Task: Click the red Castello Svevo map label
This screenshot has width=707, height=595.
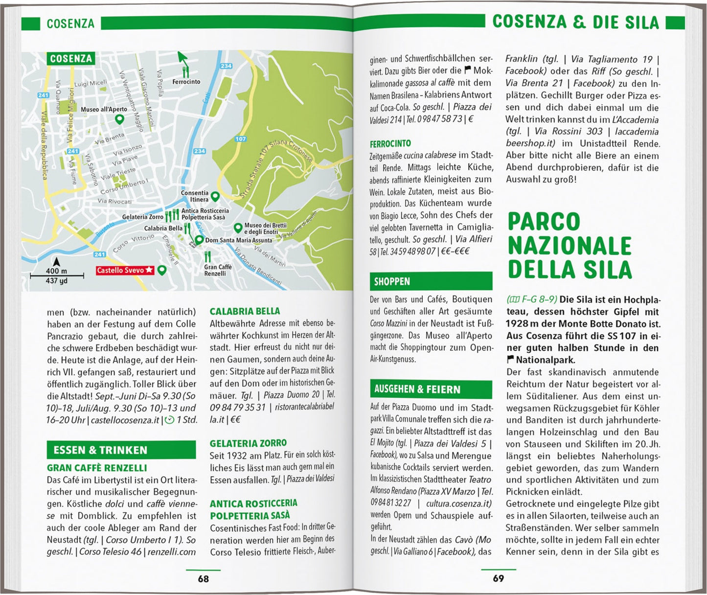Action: [x=125, y=270]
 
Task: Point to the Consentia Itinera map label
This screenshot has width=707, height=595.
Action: [x=194, y=196]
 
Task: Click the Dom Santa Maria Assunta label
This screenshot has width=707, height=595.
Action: [x=238, y=240]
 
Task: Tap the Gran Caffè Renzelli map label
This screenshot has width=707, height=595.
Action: [x=218, y=270]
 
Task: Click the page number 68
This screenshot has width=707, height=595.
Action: [x=203, y=579]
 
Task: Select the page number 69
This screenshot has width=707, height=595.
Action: [x=498, y=578]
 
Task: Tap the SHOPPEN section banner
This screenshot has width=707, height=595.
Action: [x=431, y=281]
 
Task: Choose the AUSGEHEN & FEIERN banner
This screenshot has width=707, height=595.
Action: [x=431, y=389]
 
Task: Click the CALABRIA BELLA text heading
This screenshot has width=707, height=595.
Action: [x=245, y=311]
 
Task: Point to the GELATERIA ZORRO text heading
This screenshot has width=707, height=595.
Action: [x=248, y=443]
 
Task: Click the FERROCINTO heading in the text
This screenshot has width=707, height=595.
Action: [x=390, y=143]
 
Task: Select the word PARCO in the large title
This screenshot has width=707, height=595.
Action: [x=544, y=222]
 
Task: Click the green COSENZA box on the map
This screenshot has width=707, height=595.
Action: [x=71, y=59]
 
